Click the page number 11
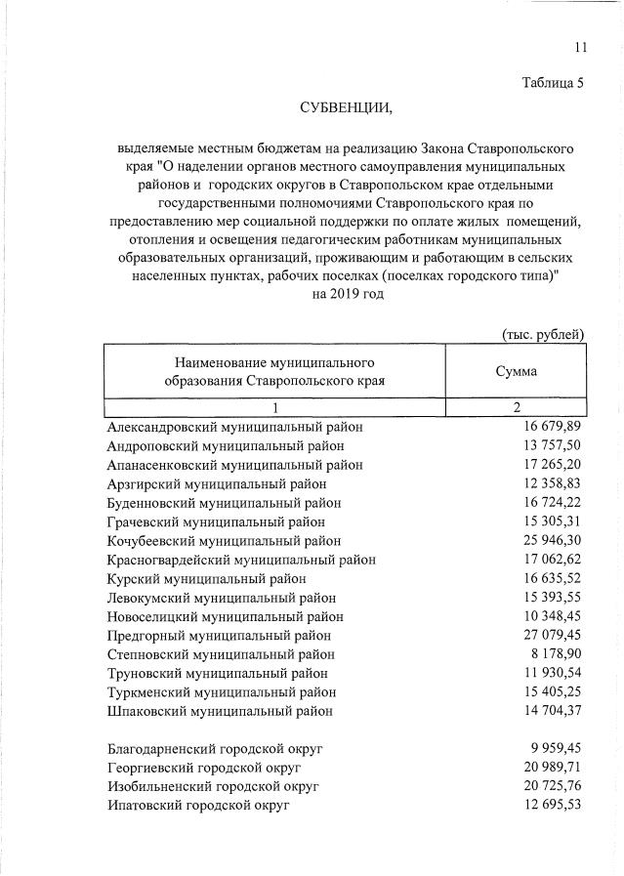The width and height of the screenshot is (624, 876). click(x=581, y=47)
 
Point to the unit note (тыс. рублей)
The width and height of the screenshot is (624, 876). click(x=543, y=334)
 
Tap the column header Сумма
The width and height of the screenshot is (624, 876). click(x=516, y=371)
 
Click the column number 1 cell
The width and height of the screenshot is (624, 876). click(x=275, y=408)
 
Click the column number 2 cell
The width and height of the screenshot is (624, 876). click(x=516, y=408)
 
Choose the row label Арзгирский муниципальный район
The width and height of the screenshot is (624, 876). click(x=217, y=483)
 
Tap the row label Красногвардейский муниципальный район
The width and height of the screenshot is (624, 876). click(x=241, y=560)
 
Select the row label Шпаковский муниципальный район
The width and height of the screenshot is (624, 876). click(x=220, y=712)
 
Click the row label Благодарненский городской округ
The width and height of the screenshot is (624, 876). click(x=215, y=749)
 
